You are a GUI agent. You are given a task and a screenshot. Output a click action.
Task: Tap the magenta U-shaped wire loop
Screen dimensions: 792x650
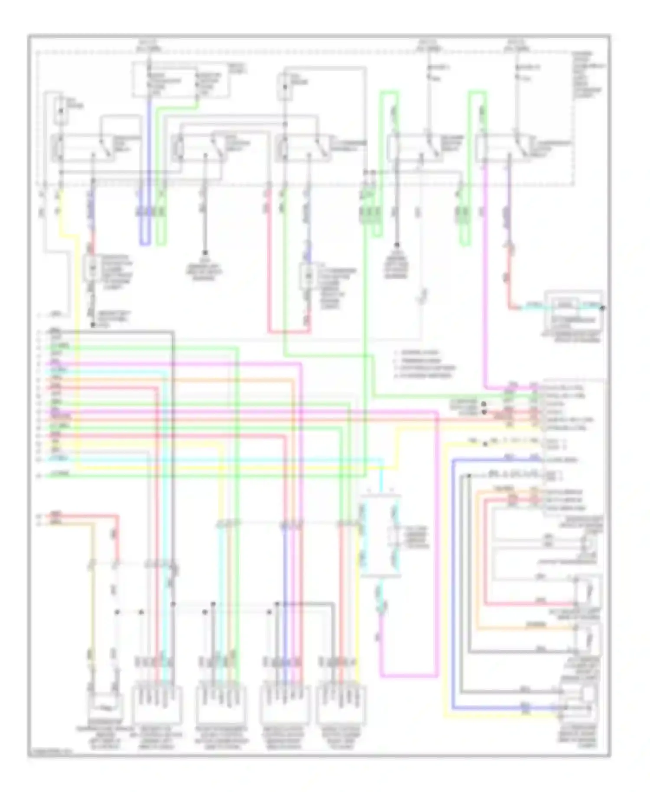click(x=407, y=675)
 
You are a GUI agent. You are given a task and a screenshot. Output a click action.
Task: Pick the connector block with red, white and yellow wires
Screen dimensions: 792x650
click(x=342, y=706)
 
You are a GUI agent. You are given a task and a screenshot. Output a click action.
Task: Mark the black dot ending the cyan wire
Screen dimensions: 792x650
click(x=604, y=308)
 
